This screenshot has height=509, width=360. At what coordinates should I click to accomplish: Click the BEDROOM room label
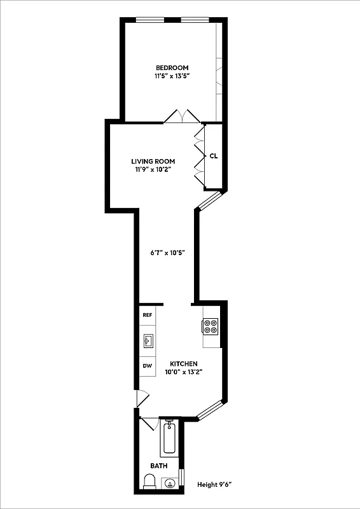coord(172,67)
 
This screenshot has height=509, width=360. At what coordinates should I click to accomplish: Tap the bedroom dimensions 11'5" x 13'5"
coord(172,76)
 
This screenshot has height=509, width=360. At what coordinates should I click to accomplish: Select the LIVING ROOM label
coord(153,161)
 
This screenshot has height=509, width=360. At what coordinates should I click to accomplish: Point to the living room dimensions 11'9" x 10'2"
coord(153,170)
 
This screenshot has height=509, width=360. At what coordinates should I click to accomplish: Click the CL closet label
coord(214,156)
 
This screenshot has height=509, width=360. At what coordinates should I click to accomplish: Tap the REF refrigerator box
coord(148,315)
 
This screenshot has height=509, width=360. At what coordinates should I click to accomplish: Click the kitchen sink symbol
coord(148,342)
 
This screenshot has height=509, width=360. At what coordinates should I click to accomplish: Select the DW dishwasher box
coord(147,366)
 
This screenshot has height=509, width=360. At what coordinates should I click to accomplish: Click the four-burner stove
coord(211,326)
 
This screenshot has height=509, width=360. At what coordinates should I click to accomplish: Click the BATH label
coord(159,466)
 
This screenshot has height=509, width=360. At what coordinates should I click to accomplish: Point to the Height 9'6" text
coord(214,485)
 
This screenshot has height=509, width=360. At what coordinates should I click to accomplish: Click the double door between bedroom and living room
coord(182,116)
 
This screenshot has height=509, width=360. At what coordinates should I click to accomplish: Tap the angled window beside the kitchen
coord(209,410)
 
